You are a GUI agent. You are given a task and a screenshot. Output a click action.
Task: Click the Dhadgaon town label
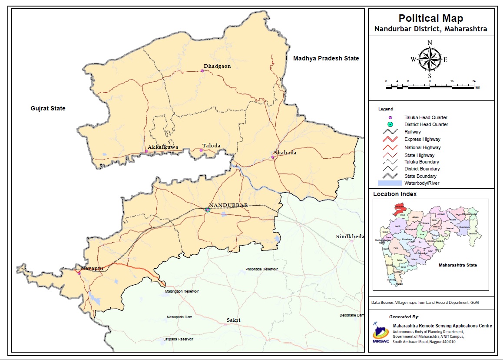(x=217, y=66)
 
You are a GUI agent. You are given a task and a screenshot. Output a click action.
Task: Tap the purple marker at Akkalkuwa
(x=146, y=151)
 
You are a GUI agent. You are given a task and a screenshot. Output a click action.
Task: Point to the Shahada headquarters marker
(x=272, y=157)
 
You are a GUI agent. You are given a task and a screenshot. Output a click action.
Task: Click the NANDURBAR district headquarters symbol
(x=208, y=210)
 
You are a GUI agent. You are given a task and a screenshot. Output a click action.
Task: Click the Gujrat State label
(x=48, y=108)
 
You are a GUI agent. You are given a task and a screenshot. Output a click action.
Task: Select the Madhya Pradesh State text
(x=326, y=58)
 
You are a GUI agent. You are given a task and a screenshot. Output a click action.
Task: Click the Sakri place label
(x=233, y=320)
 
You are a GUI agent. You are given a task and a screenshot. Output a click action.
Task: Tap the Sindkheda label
(x=350, y=237)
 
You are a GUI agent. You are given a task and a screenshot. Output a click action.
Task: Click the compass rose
(x=430, y=60)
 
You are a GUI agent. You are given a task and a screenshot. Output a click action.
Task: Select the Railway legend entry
(x=412, y=132)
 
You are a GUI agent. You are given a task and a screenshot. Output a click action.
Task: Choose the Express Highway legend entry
(x=422, y=139)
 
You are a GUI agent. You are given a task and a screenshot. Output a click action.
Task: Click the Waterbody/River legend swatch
(x=390, y=183)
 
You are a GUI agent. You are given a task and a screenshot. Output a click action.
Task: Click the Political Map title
(x=430, y=18)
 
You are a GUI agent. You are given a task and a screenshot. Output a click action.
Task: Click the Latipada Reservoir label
(x=179, y=339)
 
